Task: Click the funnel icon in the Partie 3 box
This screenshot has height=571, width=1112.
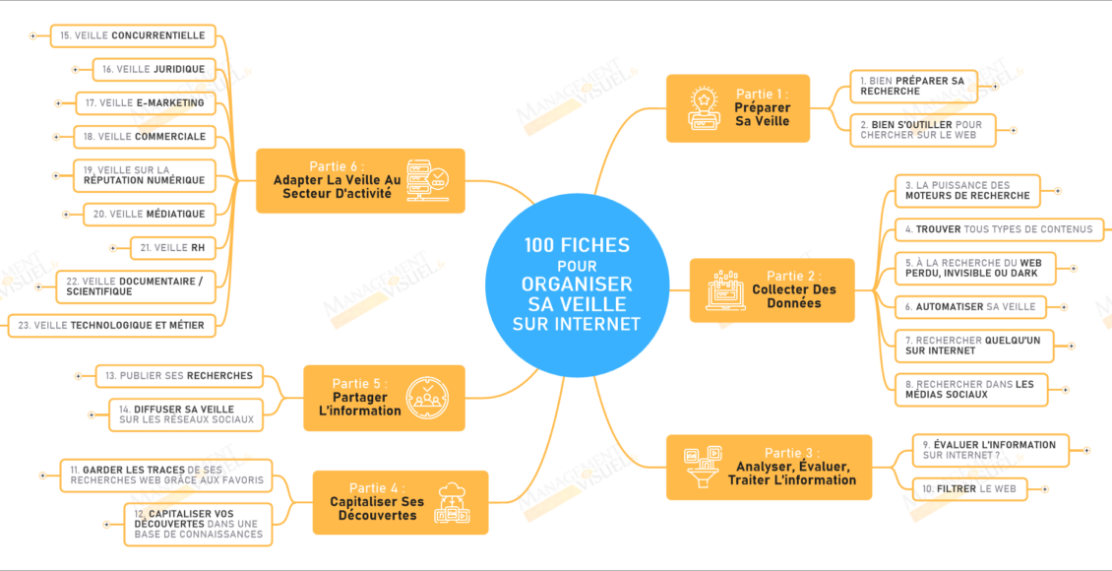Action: [703, 468]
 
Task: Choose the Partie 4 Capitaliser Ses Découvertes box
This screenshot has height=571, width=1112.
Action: [400, 502]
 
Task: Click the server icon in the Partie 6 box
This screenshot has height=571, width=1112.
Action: [428, 180]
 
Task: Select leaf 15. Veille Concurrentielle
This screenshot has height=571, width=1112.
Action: [132, 36]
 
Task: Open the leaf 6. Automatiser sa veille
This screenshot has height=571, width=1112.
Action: [970, 307]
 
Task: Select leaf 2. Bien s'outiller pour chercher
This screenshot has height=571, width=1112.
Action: [923, 130]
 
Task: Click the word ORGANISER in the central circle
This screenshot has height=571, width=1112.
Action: [577, 285]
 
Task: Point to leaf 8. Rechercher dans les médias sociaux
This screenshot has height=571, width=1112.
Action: [970, 390]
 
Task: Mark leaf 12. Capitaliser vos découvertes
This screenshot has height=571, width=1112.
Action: [199, 524]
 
